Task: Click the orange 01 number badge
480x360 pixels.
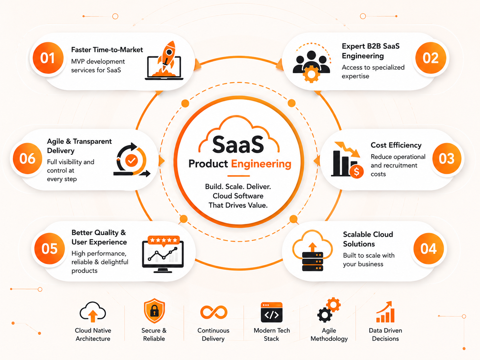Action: [x=48, y=58]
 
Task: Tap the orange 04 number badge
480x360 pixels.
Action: [x=429, y=249]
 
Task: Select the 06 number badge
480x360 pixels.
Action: [x=27, y=158]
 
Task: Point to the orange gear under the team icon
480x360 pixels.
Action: [x=311, y=74]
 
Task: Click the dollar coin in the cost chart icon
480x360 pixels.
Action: [x=356, y=172]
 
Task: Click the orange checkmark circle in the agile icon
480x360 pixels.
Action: [x=132, y=160]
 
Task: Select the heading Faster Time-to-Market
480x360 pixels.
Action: [x=107, y=50]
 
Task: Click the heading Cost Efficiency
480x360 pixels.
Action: [x=396, y=145]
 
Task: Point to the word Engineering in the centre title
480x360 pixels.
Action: [x=261, y=164]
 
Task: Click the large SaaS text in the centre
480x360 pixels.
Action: [x=238, y=145]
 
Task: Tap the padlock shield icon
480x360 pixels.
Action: [x=154, y=311]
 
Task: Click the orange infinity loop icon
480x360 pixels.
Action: [x=214, y=312]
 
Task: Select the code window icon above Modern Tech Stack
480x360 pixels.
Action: [x=272, y=312]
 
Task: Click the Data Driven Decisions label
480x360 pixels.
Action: [x=385, y=334]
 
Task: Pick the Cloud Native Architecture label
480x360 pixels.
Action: [x=93, y=334]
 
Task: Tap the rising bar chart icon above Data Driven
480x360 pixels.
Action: [x=385, y=312]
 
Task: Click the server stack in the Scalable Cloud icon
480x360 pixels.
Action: [x=312, y=262]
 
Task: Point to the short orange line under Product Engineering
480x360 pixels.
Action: [x=239, y=176]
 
